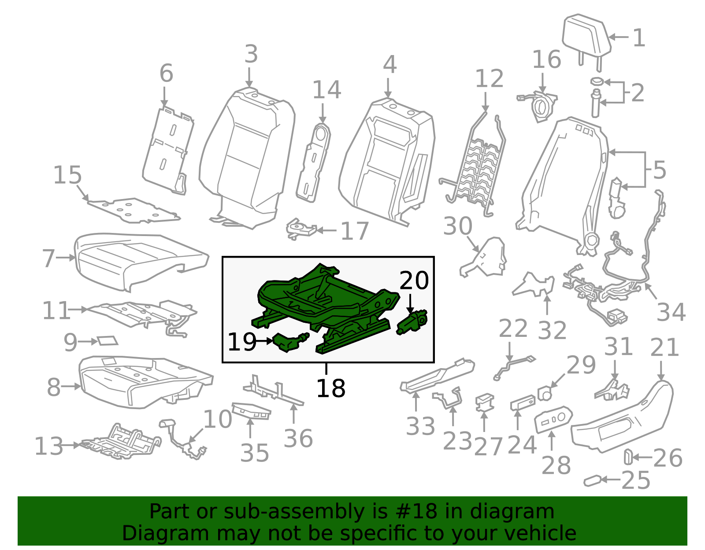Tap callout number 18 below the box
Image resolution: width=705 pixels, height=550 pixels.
point(330,388)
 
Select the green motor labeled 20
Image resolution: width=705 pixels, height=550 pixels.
point(412,324)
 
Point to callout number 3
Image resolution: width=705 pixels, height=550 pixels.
point(251,55)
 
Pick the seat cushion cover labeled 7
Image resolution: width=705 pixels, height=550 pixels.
point(137,260)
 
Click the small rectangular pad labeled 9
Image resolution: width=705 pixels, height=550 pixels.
point(107,340)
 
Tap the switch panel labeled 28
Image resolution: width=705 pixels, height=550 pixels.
point(553,419)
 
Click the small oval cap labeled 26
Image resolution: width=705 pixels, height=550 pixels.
point(627,457)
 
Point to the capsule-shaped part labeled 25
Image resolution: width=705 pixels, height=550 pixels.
point(592,480)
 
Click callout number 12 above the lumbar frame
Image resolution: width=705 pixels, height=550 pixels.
point(489,79)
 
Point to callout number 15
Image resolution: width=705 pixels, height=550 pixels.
point(67,175)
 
